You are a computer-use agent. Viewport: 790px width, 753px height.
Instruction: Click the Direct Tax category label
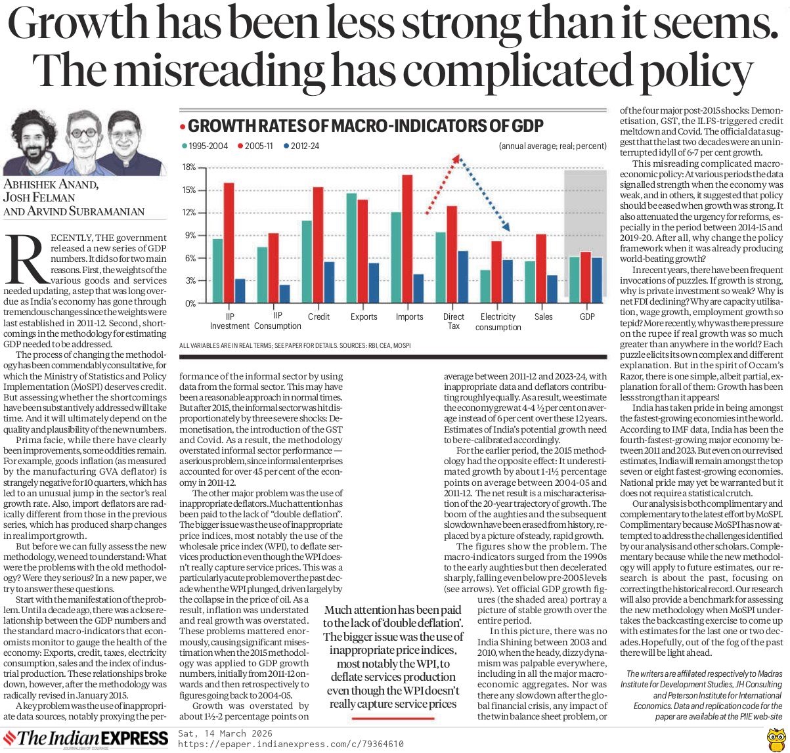tap(453, 322)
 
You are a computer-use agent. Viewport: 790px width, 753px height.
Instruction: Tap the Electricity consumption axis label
tap(498, 322)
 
